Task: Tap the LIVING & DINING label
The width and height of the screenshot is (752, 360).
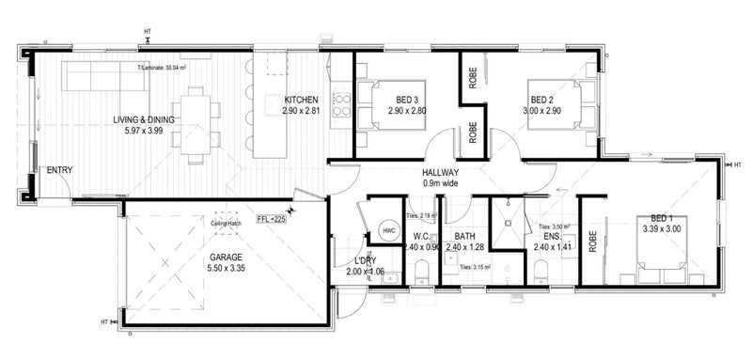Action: pyautogui.click(x=144, y=118)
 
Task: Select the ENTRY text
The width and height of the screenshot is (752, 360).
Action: pyautogui.click(x=58, y=170)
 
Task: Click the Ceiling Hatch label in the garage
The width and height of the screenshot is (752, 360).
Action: pyautogui.click(x=228, y=223)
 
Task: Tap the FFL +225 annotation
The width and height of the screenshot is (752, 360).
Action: pyautogui.click(x=270, y=219)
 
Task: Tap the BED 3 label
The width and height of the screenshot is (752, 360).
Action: pyautogui.click(x=407, y=100)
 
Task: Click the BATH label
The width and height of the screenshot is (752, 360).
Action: pyautogui.click(x=464, y=236)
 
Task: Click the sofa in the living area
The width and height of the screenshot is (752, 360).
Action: pyautogui.click(x=104, y=77)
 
